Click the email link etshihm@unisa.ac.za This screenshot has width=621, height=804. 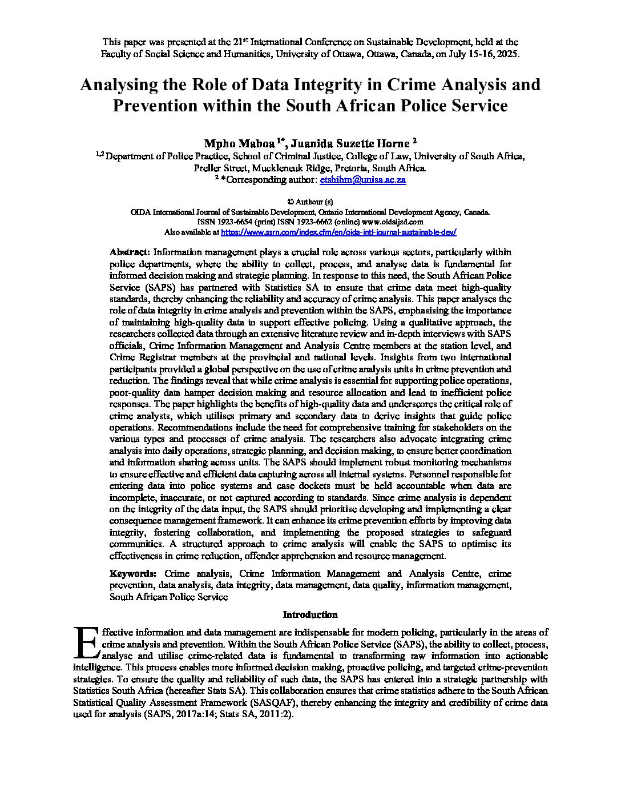tap(363, 180)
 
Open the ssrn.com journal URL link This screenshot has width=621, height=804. tap(338, 233)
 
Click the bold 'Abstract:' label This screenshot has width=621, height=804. tap(130, 252)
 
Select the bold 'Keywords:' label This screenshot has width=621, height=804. tap(133, 574)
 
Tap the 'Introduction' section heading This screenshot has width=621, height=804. tap(310, 615)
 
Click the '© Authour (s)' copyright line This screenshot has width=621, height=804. tap(310, 202)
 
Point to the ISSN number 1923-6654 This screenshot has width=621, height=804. tap(228, 222)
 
